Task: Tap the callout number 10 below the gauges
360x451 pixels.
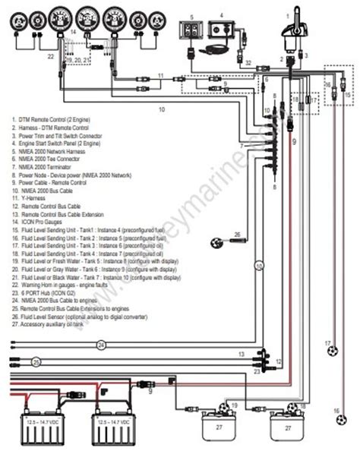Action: point(161,109)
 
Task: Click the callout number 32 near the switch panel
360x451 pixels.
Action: point(248,62)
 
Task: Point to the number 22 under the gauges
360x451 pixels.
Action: point(49,55)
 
